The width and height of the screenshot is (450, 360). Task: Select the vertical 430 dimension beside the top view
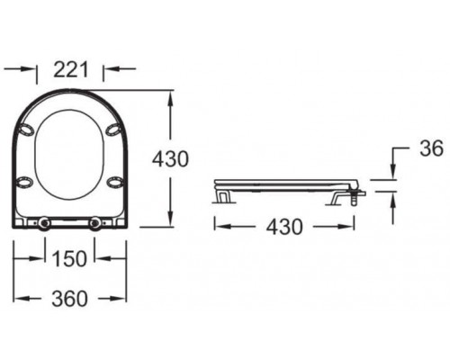171,159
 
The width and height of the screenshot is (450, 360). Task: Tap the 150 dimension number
69,259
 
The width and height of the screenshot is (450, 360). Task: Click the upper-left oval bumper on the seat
27,130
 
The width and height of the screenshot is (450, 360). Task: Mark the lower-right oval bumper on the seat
115,183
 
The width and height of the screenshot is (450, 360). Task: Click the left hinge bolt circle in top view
41,221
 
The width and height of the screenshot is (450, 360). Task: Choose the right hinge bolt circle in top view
96,221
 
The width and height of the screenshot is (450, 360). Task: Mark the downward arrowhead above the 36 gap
393,173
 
